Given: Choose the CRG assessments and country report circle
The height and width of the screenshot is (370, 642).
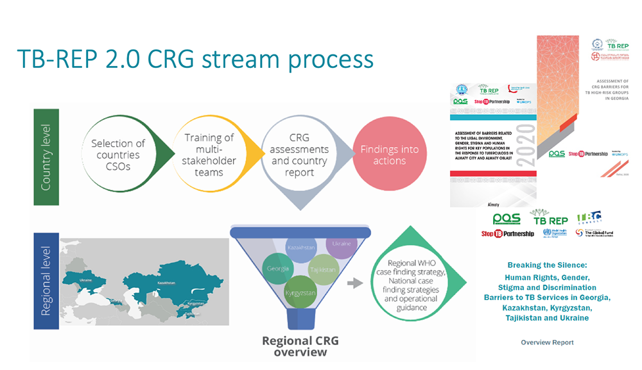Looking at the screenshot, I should pos(299,155).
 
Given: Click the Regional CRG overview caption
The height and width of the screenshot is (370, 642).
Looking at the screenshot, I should pos(296,345).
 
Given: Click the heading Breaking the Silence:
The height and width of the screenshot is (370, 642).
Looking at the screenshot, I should pos(546,265).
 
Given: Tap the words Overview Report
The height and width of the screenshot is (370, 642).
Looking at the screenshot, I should pos(547,342).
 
